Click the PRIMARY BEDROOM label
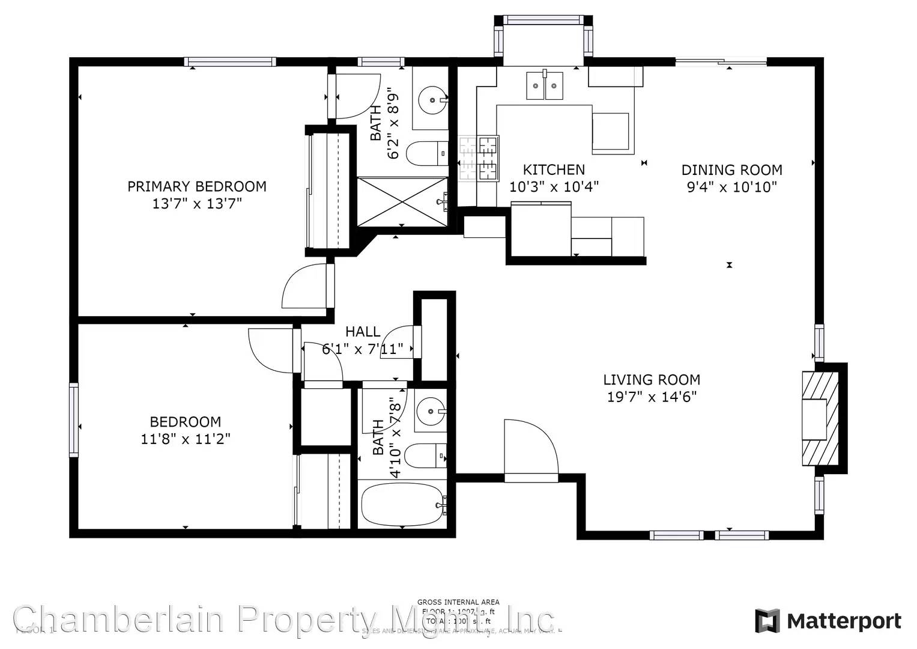196,186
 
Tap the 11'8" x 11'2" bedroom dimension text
185,439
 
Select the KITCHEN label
554,170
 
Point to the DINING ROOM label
731,170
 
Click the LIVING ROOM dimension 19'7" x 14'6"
652,397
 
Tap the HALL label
363,332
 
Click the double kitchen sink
545,85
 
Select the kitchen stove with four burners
479,159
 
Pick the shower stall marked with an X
402,201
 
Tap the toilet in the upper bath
426,154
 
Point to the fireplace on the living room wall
820,418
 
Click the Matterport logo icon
767,621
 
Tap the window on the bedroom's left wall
74,420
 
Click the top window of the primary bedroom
230,61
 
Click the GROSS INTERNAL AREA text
458,602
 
